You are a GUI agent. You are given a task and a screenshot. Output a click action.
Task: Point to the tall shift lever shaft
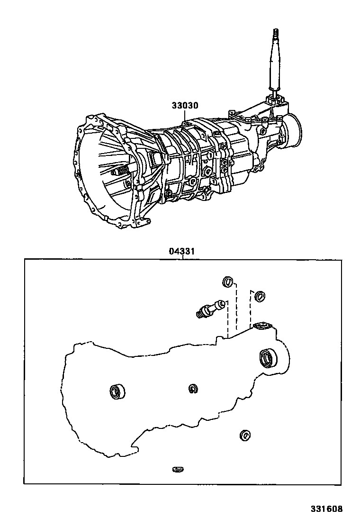pyautogui.click(x=276, y=62)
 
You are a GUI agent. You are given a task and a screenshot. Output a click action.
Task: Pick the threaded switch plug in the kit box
pyautogui.click(x=209, y=308)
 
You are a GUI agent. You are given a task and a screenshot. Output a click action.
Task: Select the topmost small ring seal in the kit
pyautogui.click(x=227, y=282)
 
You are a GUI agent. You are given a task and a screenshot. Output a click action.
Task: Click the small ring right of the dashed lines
pyautogui.click(x=259, y=297)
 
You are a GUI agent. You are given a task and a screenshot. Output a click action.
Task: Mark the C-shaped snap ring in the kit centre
pyautogui.click(x=192, y=389)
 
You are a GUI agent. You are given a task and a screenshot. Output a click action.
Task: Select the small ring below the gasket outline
pyautogui.click(x=245, y=435)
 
